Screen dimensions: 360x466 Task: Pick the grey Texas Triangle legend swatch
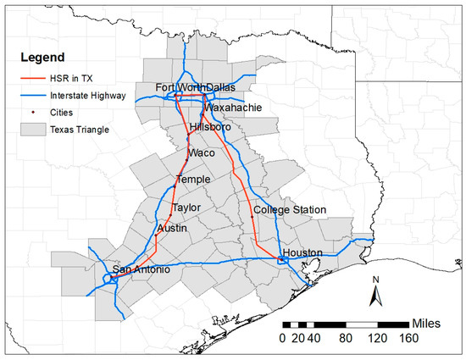point(35,130)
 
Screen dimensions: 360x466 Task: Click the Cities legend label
point(68,114)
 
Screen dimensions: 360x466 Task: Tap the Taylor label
point(186,208)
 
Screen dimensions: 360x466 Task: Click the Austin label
point(172,229)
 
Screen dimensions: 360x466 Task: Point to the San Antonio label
point(141,269)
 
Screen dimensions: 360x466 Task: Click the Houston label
point(304,252)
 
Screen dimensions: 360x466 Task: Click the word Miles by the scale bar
point(435,324)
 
